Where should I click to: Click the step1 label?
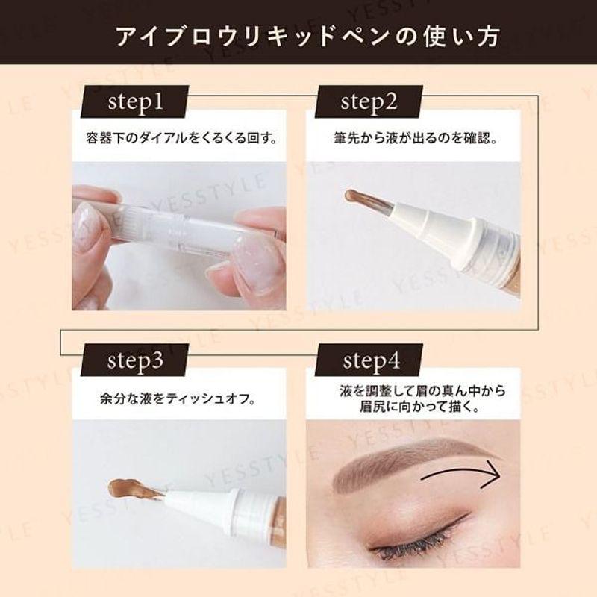(136, 102)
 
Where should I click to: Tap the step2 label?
(369, 102)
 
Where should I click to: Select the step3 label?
(135, 360)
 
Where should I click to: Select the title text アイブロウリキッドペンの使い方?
(307, 37)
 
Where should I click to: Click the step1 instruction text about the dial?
(181, 138)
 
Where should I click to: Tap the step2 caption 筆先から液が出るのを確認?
(416, 138)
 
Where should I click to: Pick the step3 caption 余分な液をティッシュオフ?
(178, 399)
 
